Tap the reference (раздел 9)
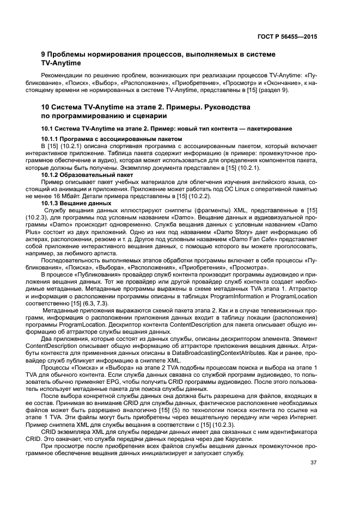[276, 90]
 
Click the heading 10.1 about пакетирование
[167, 128]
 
